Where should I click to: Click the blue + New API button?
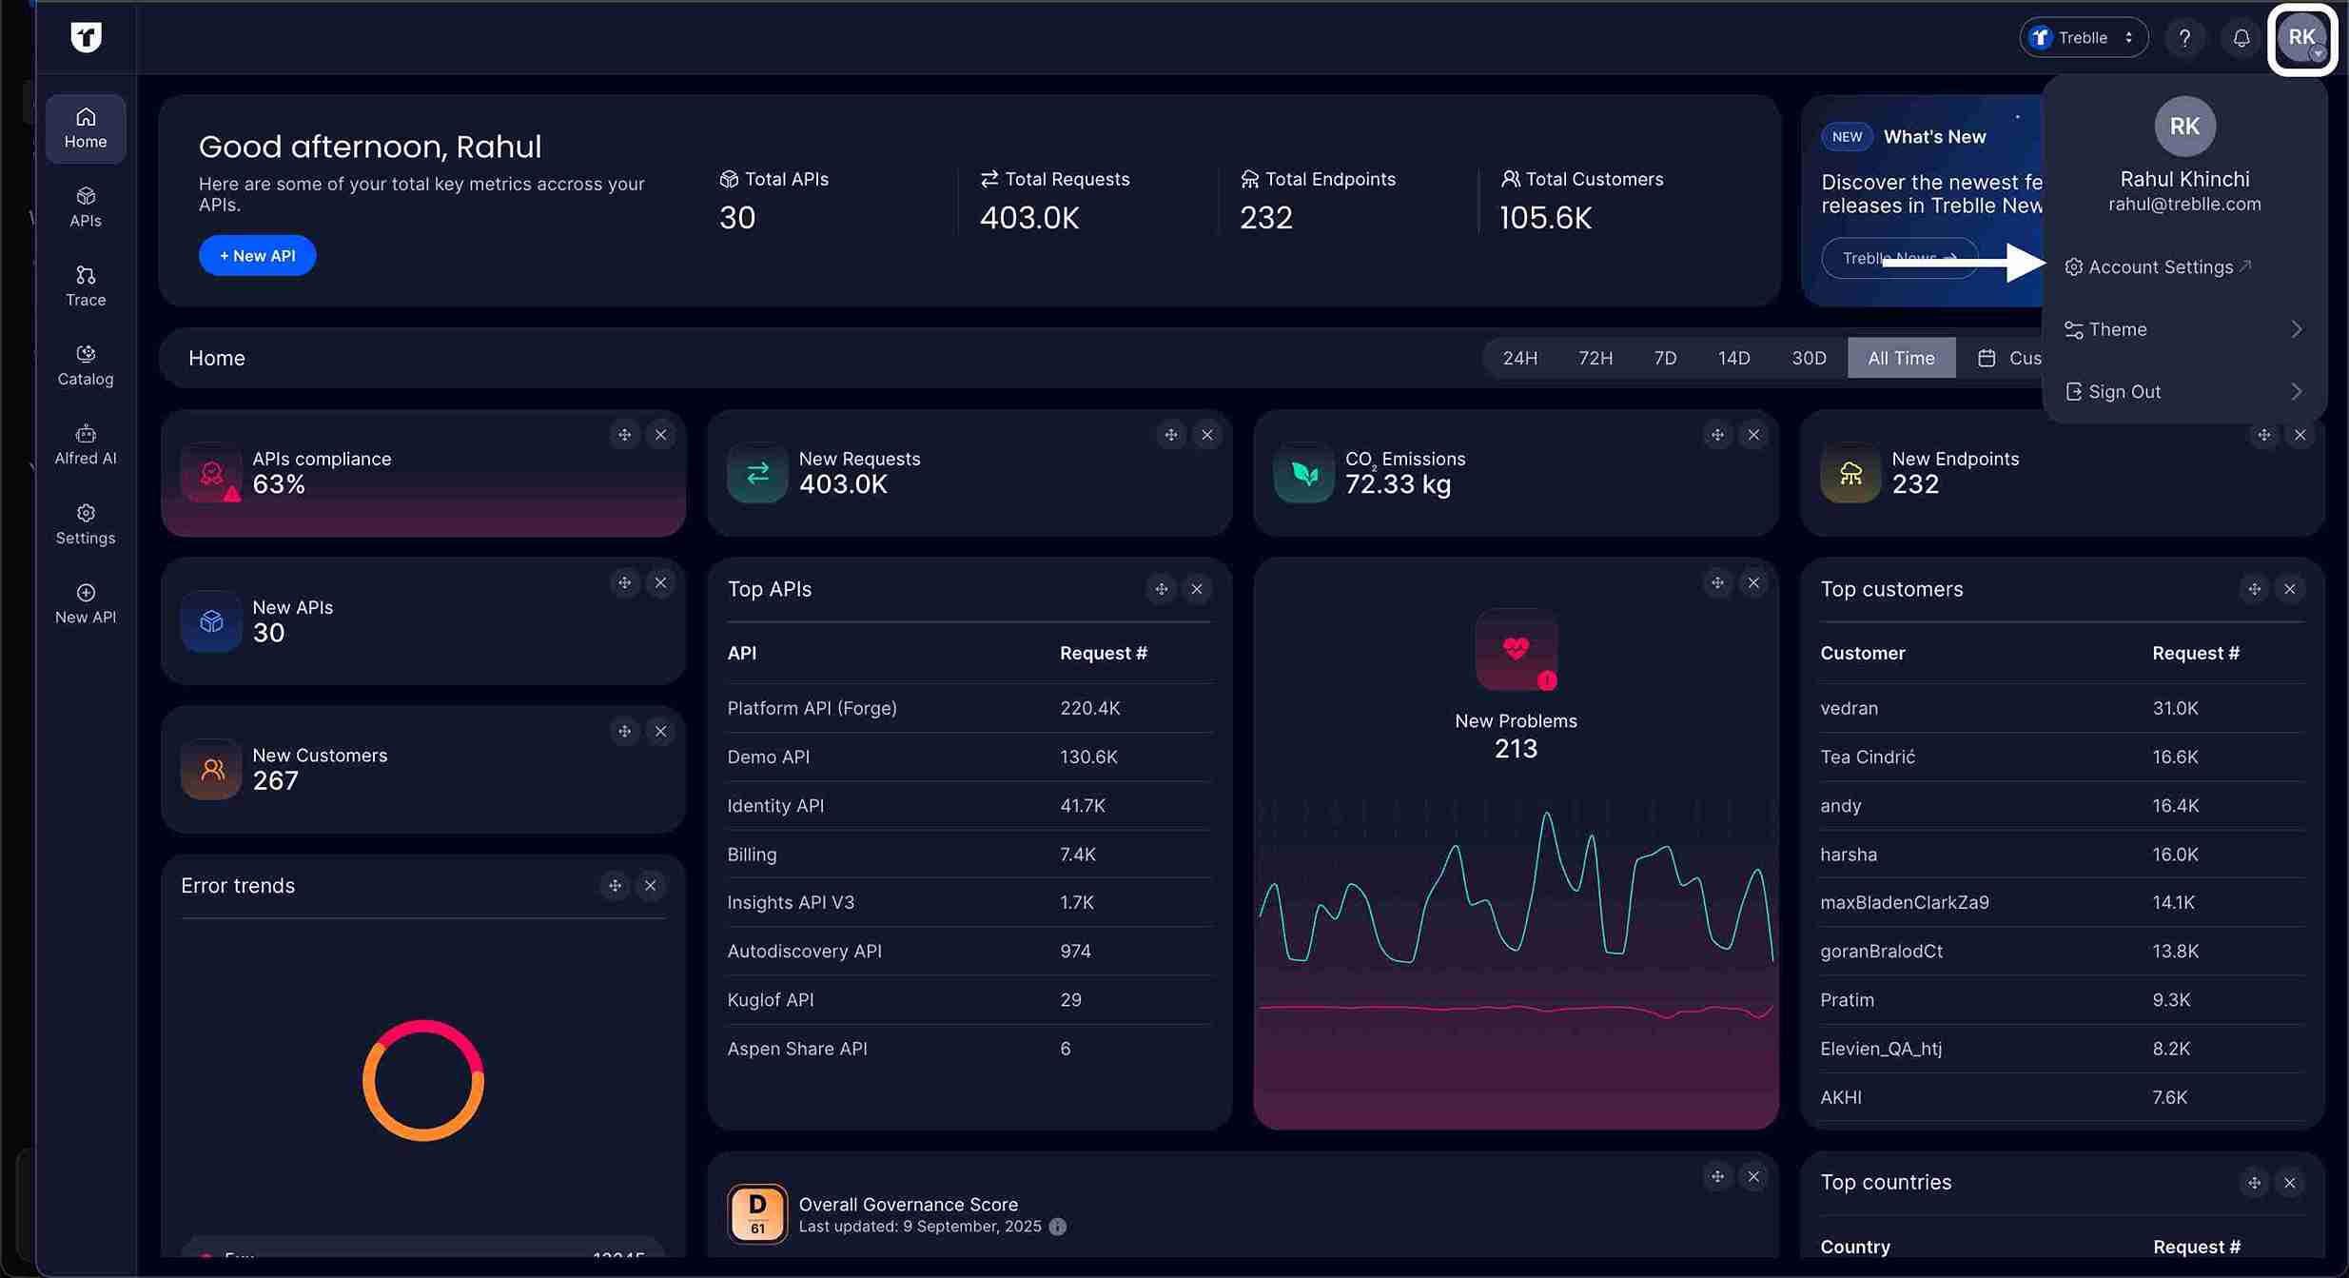coord(257,256)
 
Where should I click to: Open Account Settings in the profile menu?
coord(2160,267)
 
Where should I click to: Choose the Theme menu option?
coord(2118,329)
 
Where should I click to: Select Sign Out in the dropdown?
coord(2124,392)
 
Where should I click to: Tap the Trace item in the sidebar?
coord(86,285)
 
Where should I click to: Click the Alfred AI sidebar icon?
coord(86,444)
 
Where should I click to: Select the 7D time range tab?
coord(1664,358)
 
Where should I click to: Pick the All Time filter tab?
coord(1900,358)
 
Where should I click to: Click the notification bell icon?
coord(2241,38)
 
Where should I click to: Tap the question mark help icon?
coord(2184,38)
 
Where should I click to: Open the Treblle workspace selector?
coord(2083,38)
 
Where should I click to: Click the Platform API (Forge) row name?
coord(812,708)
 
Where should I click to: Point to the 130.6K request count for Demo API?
coord(1088,757)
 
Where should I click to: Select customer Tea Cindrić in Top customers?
coord(1867,757)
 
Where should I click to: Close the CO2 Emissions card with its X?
coord(1752,435)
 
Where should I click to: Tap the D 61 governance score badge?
coord(757,1213)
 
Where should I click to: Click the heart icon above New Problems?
coord(1516,649)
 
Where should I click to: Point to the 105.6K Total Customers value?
coord(1545,218)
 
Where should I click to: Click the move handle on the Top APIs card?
coord(1161,589)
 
